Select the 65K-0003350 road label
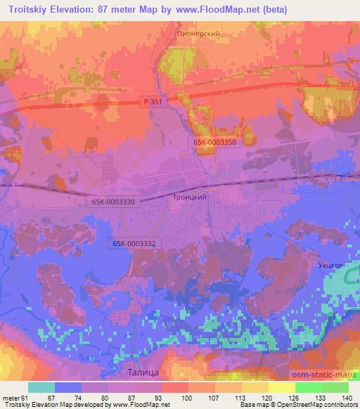click(217, 142)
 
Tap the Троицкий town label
click(190, 198)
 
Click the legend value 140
click(348, 398)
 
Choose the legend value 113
click(241, 398)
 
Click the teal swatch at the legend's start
click(41, 387)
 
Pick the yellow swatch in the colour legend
click(281, 387)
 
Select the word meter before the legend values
click(9, 398)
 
